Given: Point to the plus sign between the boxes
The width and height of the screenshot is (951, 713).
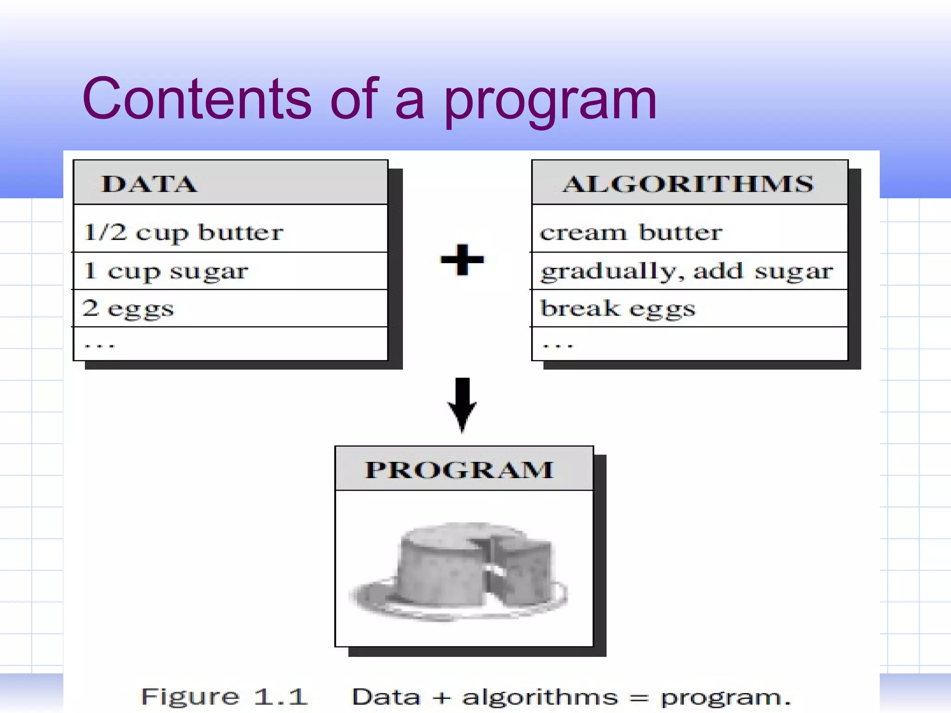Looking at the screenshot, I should pyautogui.click(x=462, y=259).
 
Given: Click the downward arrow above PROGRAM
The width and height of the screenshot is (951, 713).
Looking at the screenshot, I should pyautogui.click(x=462, y=403).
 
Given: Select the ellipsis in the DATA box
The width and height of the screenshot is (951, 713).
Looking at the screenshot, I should pyautogui.click(x=99, y=345).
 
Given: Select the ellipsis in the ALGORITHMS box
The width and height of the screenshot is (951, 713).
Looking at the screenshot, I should pyautogui.click(x=558, y=345).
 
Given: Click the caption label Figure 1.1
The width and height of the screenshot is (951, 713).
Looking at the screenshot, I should pyautogui.click(x=224, y=697).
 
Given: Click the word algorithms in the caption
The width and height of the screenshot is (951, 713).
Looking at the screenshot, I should pyautogui.click(x=540, y=697).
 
